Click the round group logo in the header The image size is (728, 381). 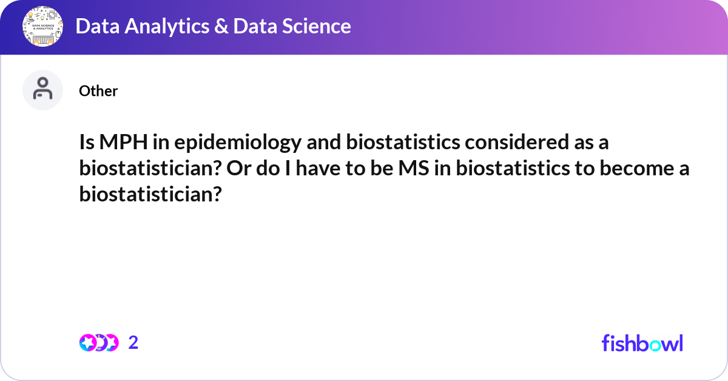(x=42, y=26)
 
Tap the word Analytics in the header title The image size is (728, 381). (x=167, y=27)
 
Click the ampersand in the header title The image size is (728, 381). (x=221, y=26)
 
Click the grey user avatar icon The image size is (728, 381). (x=42, y=90)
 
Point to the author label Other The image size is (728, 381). (x=98, y=91)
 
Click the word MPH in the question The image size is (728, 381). (x=124, y=142)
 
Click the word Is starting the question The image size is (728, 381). (x=87, y=142)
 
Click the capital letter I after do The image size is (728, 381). (x=288, y=169)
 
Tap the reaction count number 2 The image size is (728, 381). (x=133, y=343)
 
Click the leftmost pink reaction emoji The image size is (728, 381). (x=88, y=343)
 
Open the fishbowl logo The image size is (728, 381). (x=642, y=343)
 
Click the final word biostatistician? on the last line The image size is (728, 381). (x=150, y=194)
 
